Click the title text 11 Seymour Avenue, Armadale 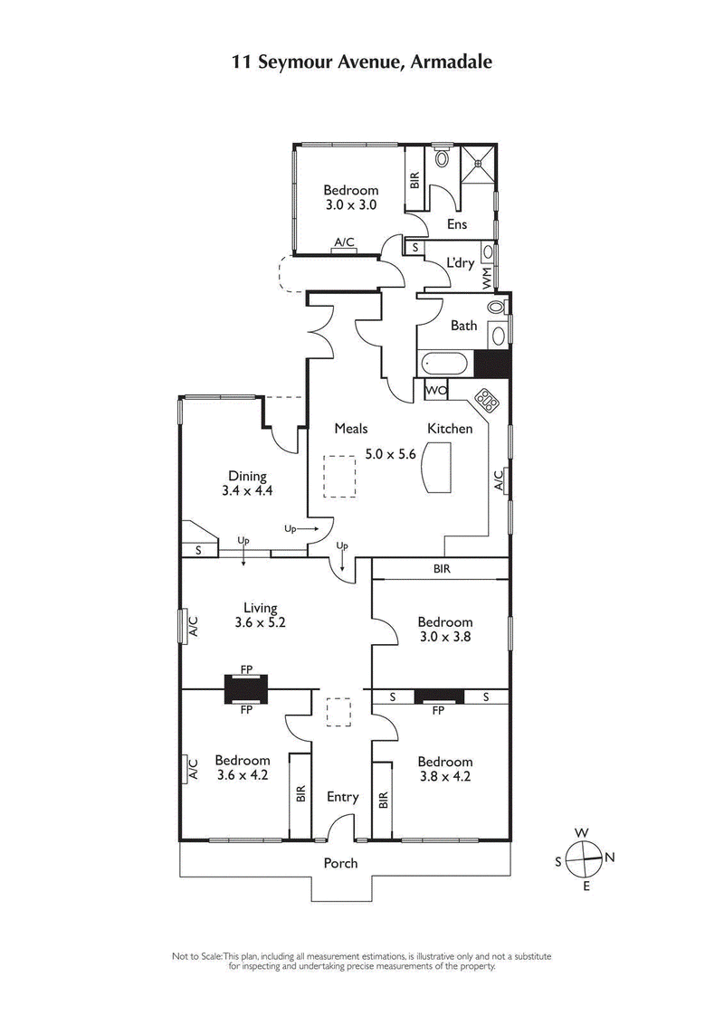362,61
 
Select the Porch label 341,863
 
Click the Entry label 342,797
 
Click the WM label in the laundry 487,278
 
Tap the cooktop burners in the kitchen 489,400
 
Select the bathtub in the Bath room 445,365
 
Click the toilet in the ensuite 441,158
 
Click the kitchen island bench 437,469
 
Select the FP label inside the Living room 246,669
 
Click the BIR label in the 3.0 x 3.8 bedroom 441,569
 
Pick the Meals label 350,429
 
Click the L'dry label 461,263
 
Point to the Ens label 456,224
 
